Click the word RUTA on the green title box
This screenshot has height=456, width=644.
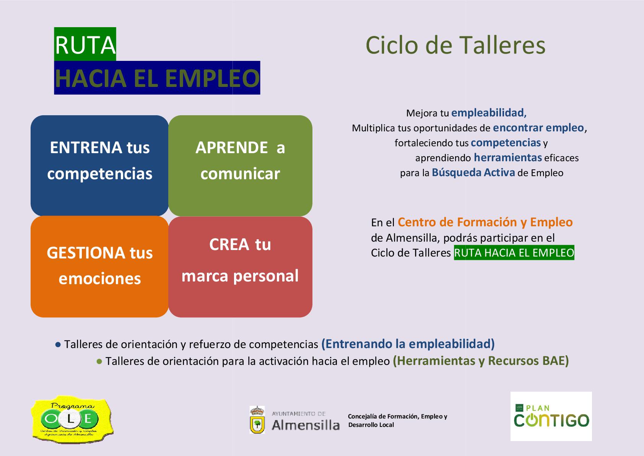click(x=85, y=45)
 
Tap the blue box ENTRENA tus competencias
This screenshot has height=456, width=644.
click(x=99, y=165)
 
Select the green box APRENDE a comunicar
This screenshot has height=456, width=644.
click(x=240, y=165)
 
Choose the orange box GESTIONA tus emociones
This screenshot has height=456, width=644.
click(x=99, y=266)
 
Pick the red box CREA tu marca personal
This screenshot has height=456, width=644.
click(x=240, y=266)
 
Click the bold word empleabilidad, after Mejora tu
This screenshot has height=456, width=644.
click(x=489, y=113)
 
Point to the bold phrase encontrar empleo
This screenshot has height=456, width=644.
click(x=538, y=127)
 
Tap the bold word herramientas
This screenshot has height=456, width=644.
click(x=507, y=157)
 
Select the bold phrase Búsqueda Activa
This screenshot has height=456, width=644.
click(x=473, y=172)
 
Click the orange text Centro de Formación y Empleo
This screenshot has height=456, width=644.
click(x=485, y=222)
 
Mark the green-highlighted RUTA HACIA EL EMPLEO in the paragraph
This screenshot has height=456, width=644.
click(x=514, y=253)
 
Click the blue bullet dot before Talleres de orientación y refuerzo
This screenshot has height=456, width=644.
click(x=58, y=345)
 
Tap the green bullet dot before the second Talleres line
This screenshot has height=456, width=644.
click(x=99, y=361)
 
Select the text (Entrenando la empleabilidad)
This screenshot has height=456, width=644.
click(x=408, y=344)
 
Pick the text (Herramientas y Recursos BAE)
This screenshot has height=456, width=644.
click(x=481, y=361)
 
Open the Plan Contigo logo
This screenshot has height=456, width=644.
click(x=551, y=416)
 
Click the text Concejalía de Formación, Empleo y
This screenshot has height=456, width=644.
click(x=397, y=416)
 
